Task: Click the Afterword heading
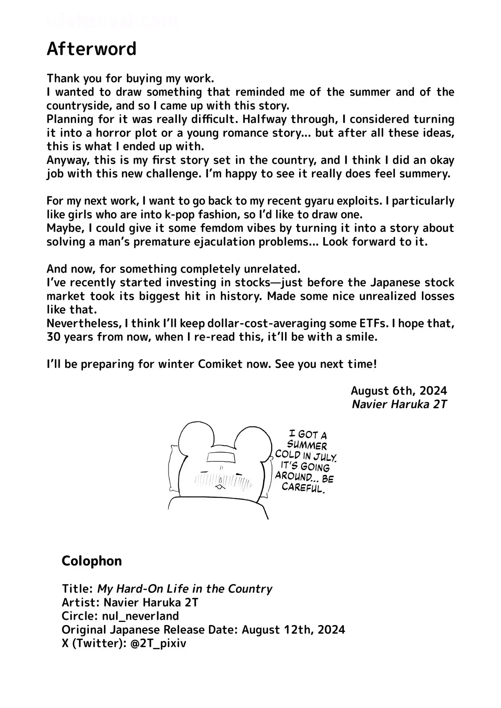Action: pyautogui.click(x=92, y=49)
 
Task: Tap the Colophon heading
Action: pyautogui.click(x=92, y=561)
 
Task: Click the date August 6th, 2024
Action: pyautogui.click(x=399, y=391)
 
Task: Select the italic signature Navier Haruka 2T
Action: pyautogui.click(x=399, y=404)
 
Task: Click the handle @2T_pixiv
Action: pyautogui.click(x=159, y=643)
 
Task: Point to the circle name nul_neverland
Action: pyautogui.click(x=141, y=616)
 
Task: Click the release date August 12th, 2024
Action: pyautogui.click(x=293, y=630)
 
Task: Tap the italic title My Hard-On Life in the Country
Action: pyautogui.click(x=185, y=588)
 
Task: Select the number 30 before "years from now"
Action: pyautogui.click(x=54, y=337)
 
